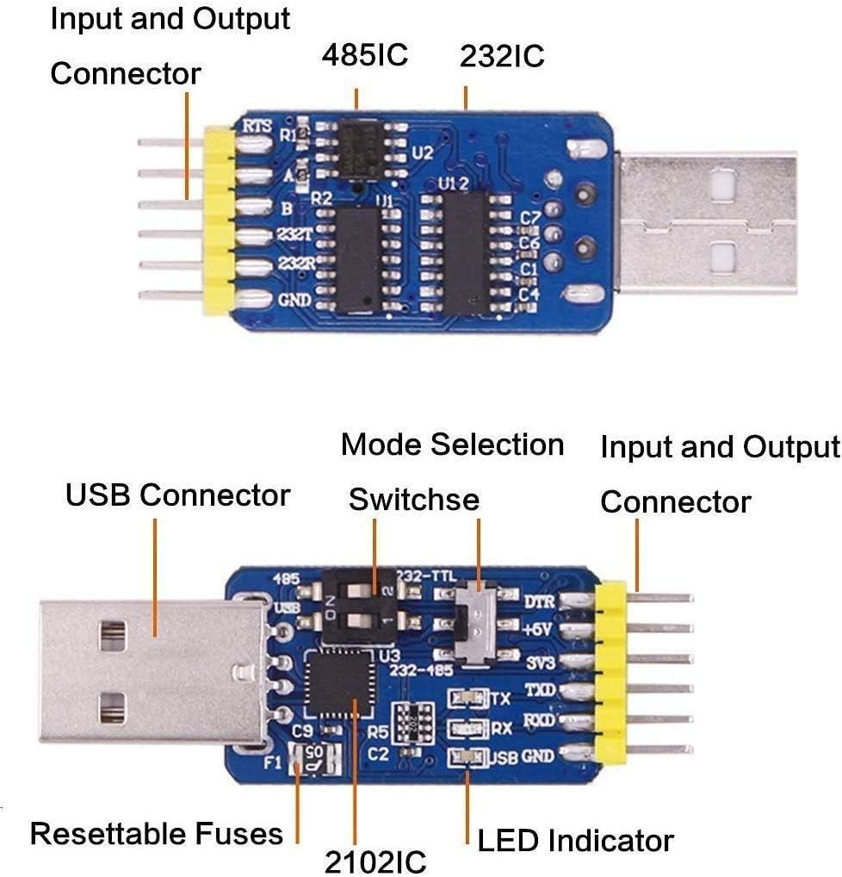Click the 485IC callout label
[364, 56]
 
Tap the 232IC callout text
[502, 57]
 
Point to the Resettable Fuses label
[157, 834]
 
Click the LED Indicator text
[575, 840]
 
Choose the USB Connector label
[177, 495]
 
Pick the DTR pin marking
[539, 602]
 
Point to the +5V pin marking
[539, 631]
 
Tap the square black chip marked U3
[337, 684]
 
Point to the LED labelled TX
[468, 699]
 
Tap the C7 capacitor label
[530, 218]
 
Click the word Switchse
[413, 500]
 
